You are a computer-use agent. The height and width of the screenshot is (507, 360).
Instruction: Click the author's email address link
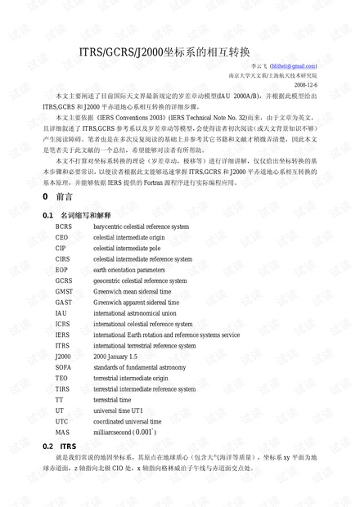[x=292, y=65]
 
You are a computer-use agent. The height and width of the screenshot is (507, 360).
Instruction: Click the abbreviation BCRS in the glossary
[x=64, y=226]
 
